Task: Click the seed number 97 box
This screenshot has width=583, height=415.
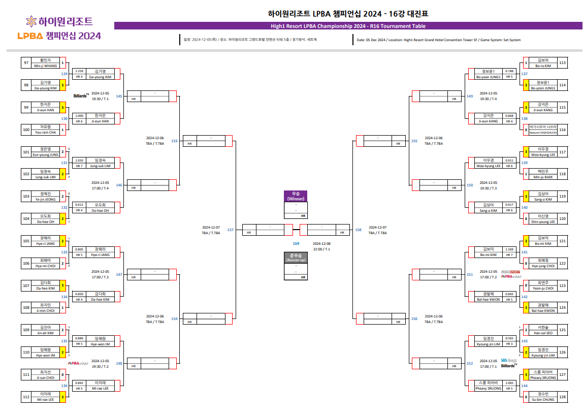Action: (26, 63)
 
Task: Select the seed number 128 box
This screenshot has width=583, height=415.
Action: (562, 397)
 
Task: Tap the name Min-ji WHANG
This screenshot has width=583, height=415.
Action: (46, 66)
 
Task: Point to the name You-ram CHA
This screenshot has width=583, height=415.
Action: (46, 132)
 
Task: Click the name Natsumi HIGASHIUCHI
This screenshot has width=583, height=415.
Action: (543, 133)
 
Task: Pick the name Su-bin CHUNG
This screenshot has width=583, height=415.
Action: (543, 400)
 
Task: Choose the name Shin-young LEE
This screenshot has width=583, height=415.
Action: (543, 221)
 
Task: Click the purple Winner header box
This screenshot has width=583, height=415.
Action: (296, 196)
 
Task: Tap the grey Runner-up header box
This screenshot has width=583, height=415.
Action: (296, 258)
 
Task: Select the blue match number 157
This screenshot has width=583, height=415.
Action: (231, 230)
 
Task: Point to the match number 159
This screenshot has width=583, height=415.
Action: (296, 243)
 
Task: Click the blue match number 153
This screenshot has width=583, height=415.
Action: (174, 141)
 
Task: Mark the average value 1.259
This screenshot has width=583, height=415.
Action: (79, 71)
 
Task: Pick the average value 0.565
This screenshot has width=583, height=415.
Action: (509, 338)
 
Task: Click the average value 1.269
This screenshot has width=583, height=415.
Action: (509, 249)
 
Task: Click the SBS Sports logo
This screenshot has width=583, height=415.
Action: (508, 360)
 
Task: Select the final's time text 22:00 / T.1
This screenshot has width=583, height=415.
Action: (321, 249)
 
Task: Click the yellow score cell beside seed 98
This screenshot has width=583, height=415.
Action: (62, 85)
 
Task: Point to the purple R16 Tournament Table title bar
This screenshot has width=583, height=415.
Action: (348, 26)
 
